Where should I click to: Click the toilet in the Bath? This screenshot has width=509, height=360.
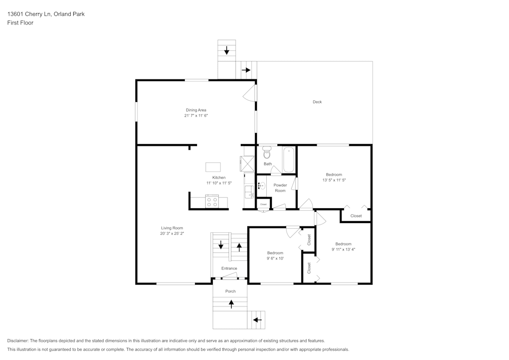267,154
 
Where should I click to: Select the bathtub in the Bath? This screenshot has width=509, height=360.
289,159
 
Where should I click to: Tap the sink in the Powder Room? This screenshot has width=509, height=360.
261,186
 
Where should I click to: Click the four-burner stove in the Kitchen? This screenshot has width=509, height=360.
211,202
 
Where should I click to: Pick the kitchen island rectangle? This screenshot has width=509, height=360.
213,167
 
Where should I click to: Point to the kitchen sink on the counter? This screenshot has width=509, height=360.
249,192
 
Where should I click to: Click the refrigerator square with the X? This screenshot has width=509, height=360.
247,164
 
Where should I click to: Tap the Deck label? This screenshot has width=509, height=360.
317,102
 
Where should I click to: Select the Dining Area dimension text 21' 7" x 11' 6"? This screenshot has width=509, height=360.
196,116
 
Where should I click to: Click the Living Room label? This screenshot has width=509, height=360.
172,228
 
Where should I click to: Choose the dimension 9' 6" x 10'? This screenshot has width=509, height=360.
275,258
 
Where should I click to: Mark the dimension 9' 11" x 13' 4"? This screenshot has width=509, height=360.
343,250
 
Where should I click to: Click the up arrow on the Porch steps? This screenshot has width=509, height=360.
232,304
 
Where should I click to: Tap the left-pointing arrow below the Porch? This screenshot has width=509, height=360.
257,320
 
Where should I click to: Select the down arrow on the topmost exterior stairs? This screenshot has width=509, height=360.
227,50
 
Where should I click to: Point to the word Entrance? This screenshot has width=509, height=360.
229,268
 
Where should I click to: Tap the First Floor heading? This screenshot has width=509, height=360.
20,23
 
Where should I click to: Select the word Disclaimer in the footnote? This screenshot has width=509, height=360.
18,341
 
